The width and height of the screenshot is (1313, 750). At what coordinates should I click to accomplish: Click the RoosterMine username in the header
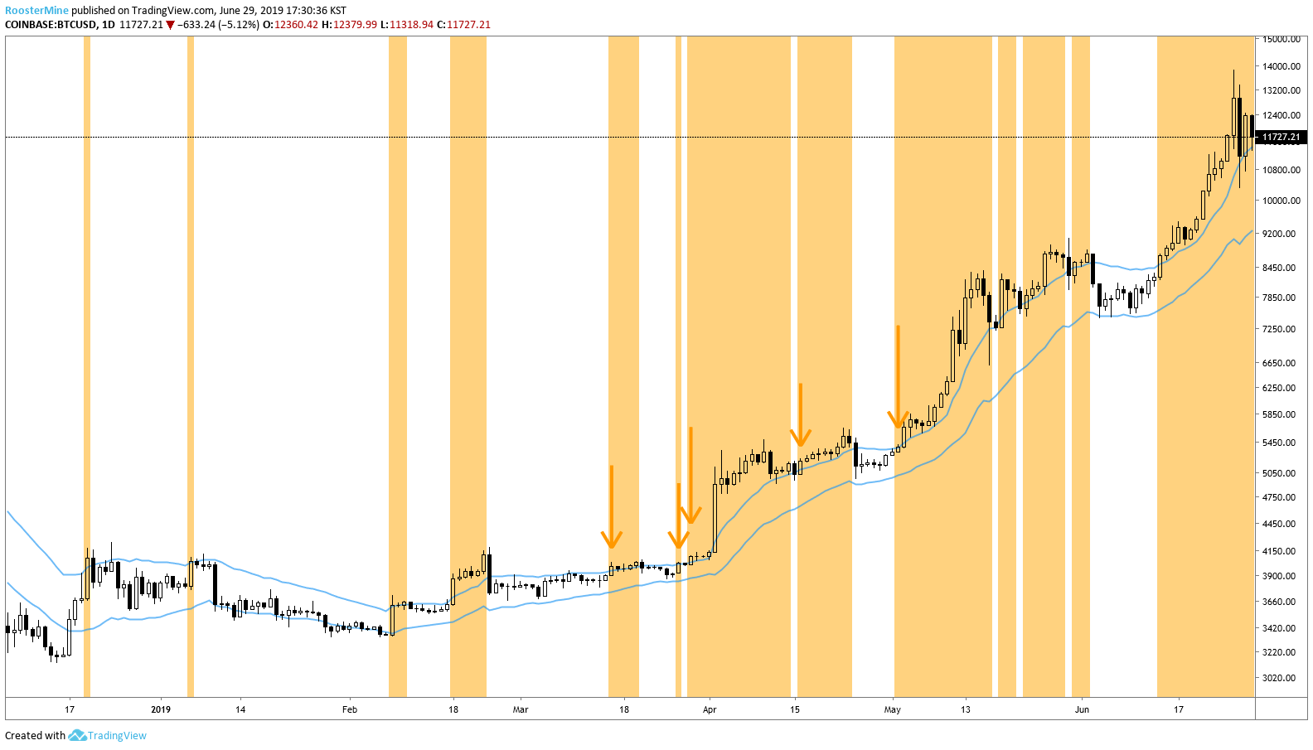pyautogui.click(x=36, y=11)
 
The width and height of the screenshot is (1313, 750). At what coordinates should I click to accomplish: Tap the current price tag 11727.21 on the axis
pyautogui.click(x=1281, y=137)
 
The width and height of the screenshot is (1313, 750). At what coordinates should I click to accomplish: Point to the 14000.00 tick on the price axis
pyautogui.click(x=1281, y=66)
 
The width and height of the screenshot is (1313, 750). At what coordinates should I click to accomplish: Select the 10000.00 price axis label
pyautogui.click(x=1281, y=201)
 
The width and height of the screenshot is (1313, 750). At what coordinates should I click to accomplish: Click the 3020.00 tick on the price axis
pyautogui.click(x=1281, y=678)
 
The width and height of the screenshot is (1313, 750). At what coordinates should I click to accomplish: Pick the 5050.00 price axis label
pyautogui.click(x=1281, y=473)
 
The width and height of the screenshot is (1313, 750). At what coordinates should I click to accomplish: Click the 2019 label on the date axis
pyautogui.click(x=161, y=709)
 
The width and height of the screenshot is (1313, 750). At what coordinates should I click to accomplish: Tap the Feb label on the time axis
pyautogui.click(x=350, y=709)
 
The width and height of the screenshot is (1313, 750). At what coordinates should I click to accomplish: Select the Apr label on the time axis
pyautogui.click(x=710, y=709)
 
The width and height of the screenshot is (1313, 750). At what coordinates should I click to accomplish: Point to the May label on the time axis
pyautogui.click(x=893, y=709)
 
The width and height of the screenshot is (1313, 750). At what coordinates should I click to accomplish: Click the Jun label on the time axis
pyautogui.click(x=1082, y=709)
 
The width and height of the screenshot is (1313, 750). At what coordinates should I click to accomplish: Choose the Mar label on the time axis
pyautogui.click(x=521, y=709)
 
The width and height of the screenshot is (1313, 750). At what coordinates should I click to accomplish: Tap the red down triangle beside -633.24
pyautogui.click(x=171, y=25)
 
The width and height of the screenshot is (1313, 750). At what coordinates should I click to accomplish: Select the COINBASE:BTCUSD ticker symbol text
pyautogui.click(x=51, y=25)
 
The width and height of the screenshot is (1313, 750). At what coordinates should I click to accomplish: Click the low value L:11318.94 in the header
pyautogui.click(x=407, y=25)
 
